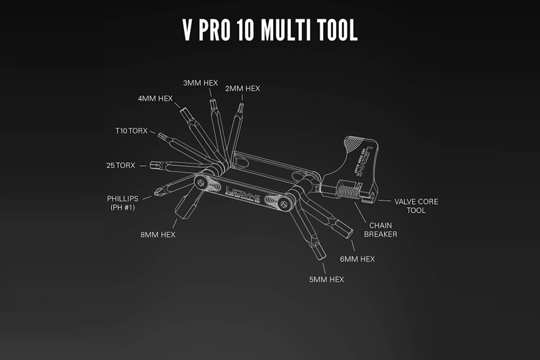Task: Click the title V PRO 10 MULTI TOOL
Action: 270,31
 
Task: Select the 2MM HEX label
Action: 242,88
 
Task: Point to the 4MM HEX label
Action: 155,98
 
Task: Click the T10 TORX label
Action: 131,131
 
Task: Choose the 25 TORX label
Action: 121,165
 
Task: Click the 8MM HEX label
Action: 158,235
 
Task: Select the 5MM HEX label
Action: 326,279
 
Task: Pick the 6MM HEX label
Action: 358,259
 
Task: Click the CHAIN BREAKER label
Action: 380,229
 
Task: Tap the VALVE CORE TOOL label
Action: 416,205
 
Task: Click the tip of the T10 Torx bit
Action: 161,136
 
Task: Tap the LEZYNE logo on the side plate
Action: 241,190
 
